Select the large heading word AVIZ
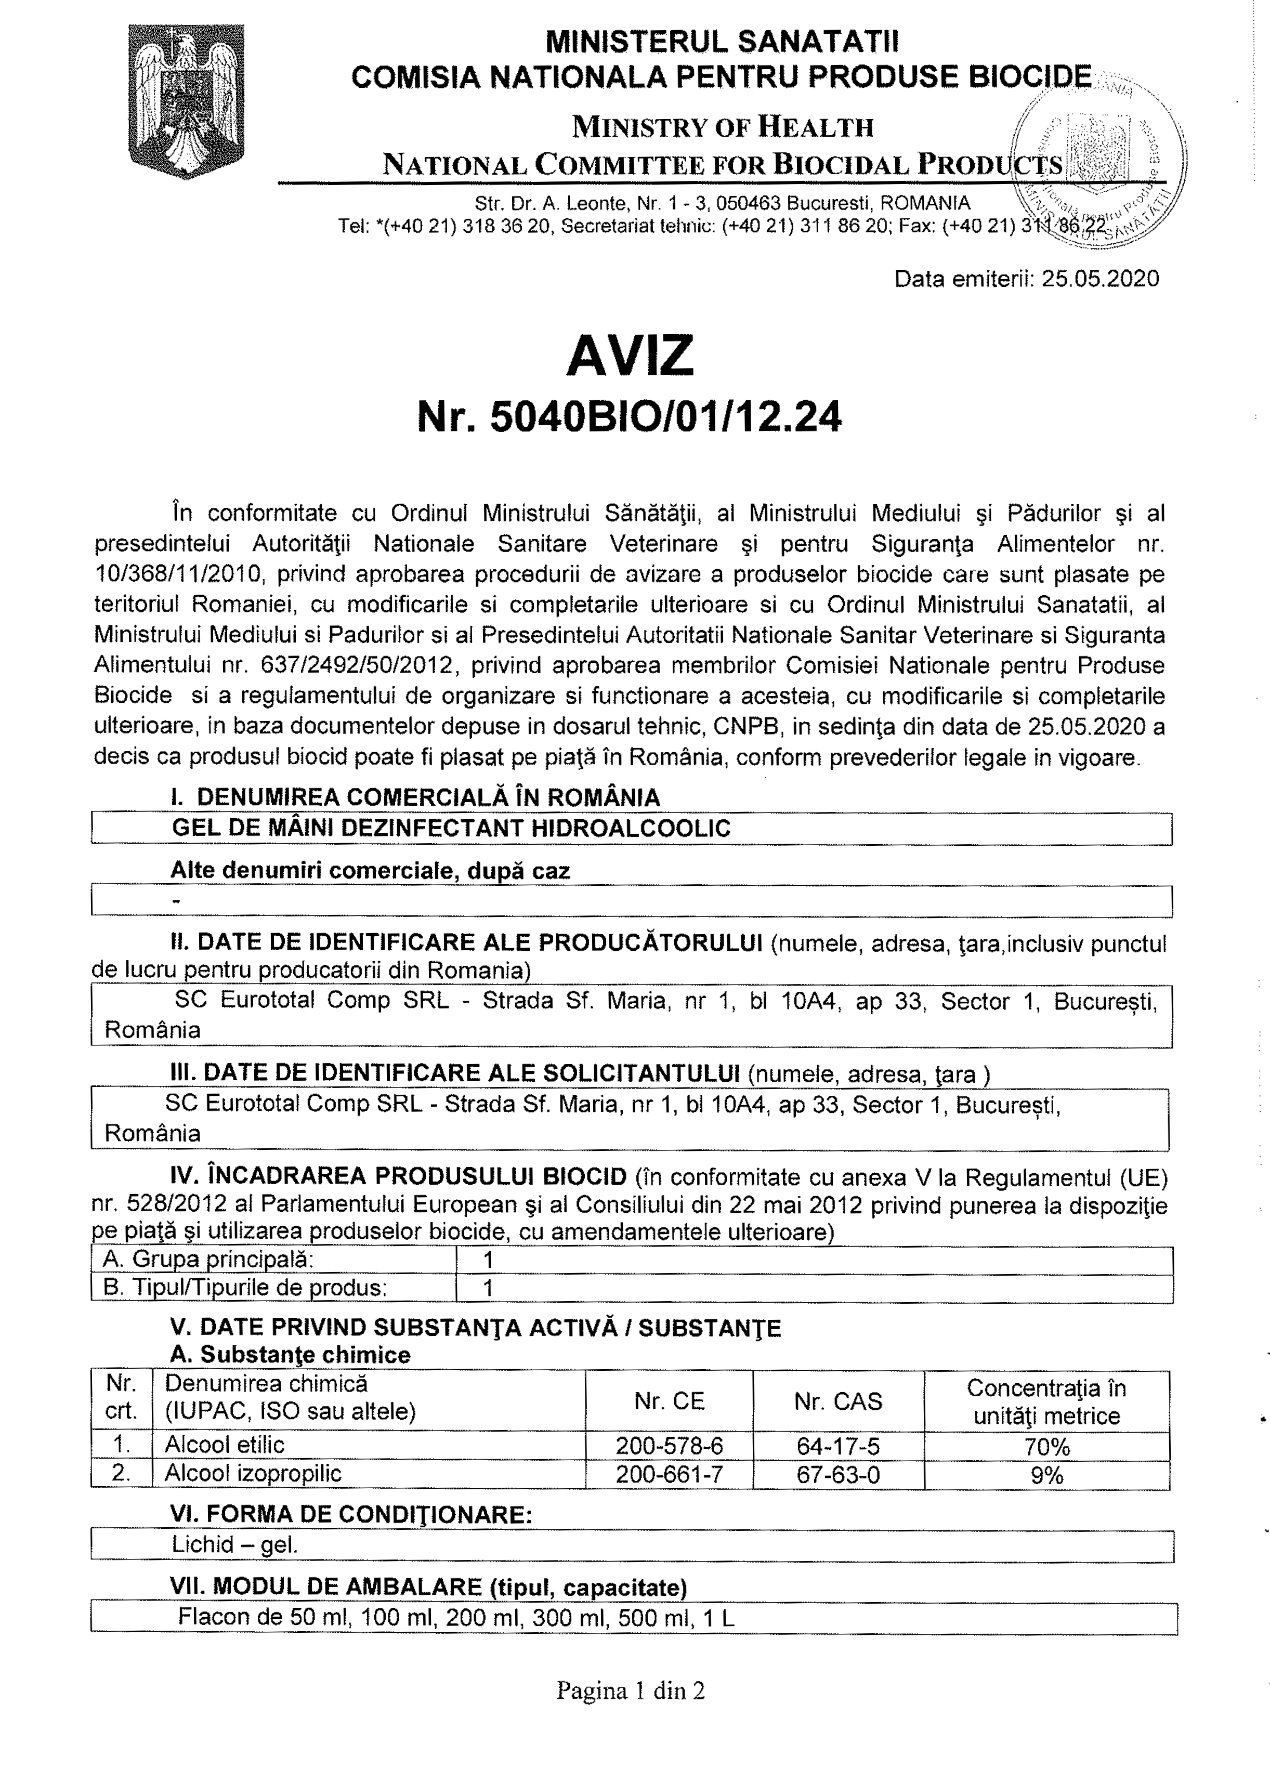pos(630,355)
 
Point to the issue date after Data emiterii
pos(1101,279)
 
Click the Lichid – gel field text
pos(234,1544)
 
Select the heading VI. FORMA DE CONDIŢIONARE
pos(351,1515)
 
